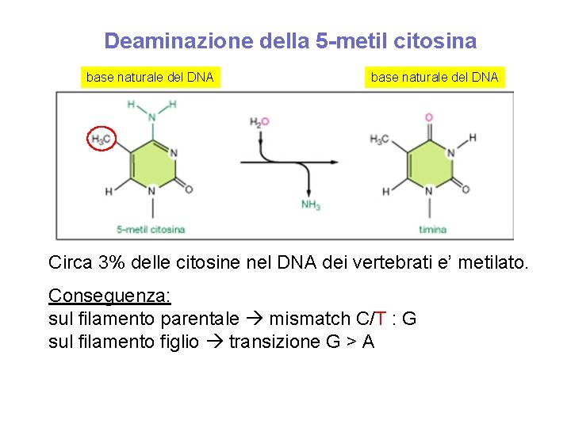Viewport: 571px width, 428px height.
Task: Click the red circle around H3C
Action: click(101, 139)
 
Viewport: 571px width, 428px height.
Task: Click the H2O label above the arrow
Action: click(259, 122)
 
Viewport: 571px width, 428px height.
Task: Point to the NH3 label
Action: click(311, 205)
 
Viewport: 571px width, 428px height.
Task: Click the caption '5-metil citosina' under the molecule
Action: click(151, 230)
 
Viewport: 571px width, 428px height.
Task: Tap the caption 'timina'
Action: click(433, 230)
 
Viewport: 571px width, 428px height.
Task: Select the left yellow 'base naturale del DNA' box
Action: click(150, 77)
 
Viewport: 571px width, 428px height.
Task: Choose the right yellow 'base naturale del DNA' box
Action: click(435, 77)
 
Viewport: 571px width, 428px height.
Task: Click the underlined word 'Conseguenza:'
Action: click(109, 296)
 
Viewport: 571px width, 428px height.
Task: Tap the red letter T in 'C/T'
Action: click(381, 319)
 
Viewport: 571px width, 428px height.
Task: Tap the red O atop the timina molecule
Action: click(429, 117)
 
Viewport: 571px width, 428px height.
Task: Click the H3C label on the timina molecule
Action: click(379, 139)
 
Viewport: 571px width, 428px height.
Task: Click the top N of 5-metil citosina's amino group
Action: click(151, 117)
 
